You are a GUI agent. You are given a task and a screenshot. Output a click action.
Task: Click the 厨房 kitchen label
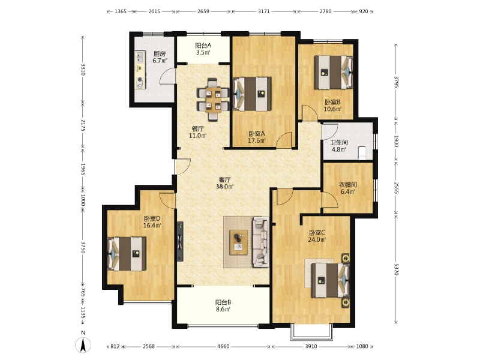coord(160,54)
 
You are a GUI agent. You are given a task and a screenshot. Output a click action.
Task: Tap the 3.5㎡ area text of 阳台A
coord(203,52)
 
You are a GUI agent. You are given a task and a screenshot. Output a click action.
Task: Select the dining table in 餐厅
coord(213,100)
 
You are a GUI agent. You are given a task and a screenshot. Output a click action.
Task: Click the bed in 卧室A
coord(252,94)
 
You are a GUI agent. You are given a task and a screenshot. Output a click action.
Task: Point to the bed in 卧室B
coord(334,72)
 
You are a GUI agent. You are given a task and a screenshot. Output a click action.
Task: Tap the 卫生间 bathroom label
coord(339,143)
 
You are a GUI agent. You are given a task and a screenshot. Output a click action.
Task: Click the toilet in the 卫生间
coord(362,152)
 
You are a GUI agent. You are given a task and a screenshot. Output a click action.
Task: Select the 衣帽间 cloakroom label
coord(348,185)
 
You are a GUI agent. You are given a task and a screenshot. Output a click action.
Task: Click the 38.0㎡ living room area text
coord(224,187)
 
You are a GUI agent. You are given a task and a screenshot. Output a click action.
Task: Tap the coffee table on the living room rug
coord(239,242)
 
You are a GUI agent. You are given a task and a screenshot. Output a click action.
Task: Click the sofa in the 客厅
coord(261,242)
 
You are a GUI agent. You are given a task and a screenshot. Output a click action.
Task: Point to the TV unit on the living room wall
coord(180,242)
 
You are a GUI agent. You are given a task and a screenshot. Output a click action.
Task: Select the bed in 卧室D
coord(127,254)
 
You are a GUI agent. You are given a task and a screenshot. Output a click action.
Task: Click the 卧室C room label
coord(317,233)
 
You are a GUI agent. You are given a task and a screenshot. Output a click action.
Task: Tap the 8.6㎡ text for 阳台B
coord(223,310)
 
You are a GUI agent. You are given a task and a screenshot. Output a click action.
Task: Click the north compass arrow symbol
coord(83,345)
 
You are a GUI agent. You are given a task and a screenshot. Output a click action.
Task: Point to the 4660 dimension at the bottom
coord(223,347)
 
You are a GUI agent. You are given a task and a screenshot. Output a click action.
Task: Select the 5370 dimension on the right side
coord(396,269)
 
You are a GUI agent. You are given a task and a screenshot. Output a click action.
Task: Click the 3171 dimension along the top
coord(263,11)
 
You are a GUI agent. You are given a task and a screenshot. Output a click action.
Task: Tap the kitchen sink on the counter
coord(140,56)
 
